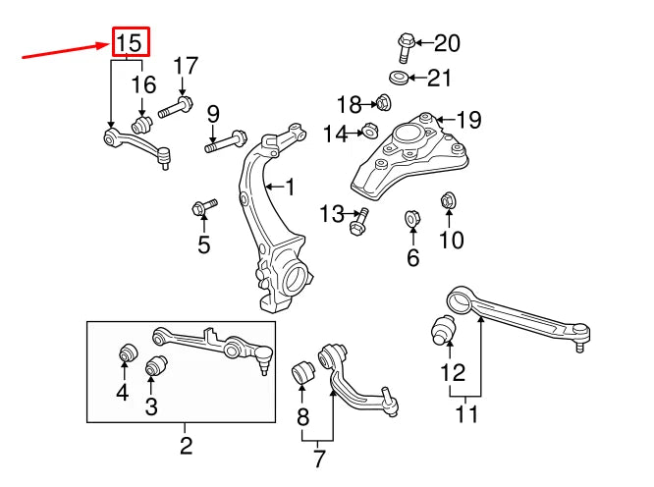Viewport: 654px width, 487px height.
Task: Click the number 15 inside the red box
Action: tap(131, 42)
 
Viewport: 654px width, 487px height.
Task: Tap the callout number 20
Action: tap(446, 42)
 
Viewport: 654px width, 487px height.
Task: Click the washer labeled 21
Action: tap(399, 78)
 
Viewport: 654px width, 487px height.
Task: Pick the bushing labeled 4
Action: tap(125, 352)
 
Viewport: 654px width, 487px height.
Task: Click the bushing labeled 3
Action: tap(152, 367)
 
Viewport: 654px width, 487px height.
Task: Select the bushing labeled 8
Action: tap(304, 373)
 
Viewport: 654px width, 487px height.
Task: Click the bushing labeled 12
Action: tap(443, 331)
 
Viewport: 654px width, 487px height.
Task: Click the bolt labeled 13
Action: tap(357, 223)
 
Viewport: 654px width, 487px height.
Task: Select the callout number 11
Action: tap(466, 413)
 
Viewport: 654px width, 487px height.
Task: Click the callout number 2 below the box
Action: tap(186, 447)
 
